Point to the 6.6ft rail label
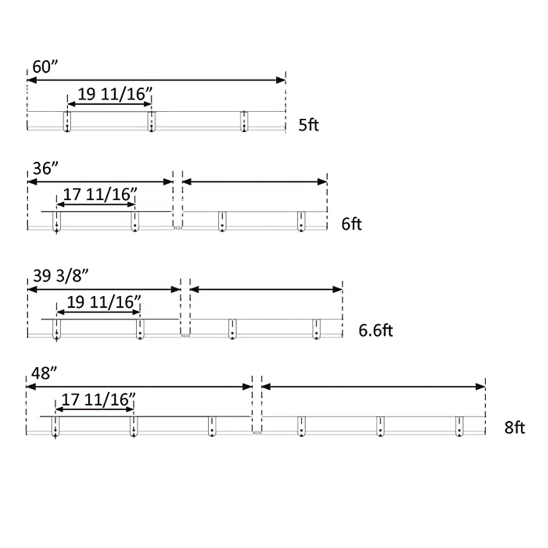[375, 330]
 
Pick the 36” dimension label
[46, 168]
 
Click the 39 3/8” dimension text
[61, 276]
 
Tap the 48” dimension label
[44, 373]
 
